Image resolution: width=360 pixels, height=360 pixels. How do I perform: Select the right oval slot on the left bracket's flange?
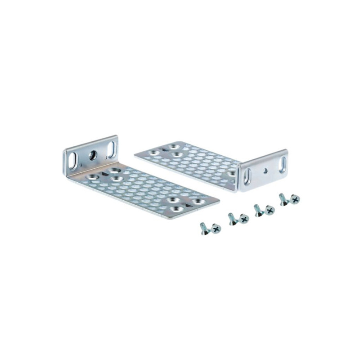click(x=111, y=150)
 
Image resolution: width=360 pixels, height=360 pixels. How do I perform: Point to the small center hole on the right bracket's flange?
click(x=266, y=170)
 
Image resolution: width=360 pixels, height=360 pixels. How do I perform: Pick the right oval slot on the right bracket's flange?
click(x=282, y=164)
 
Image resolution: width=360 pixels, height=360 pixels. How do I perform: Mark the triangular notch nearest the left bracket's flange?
click(x=104, y=172)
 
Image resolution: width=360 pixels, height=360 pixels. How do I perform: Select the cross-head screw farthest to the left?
click(x=216, y=229)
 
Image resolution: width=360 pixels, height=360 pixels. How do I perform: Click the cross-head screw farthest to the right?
click(x=295, y=199)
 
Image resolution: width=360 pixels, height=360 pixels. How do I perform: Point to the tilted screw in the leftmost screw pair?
click(x=204, y=228)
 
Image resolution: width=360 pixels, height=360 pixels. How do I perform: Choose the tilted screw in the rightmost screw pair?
click(x=283, y=198)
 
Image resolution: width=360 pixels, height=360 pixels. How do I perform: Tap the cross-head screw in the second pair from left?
click(x=244, y=219)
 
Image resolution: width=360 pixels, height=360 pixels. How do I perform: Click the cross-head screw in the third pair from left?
click(x=270, y=210)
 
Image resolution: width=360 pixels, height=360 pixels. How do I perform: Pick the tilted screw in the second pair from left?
click(x=232, y=218)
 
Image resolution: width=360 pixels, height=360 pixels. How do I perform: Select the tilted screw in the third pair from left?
click(x=257, y=210)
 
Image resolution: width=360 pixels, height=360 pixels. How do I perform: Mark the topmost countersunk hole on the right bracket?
click(x=172, y=147)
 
